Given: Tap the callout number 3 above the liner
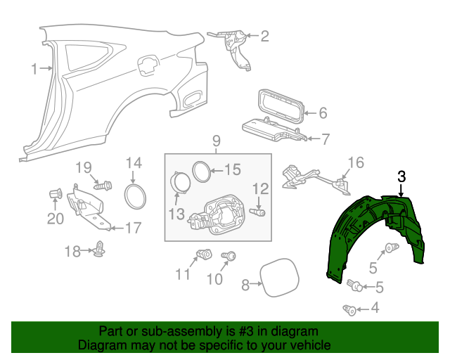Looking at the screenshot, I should pyautogui.click(x=401, y=176).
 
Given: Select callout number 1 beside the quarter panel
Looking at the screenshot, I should pyautogui.click(x=34, y=68).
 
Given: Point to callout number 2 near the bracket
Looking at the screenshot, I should pyautogui.click(x=264, y=36).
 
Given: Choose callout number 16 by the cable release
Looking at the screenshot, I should pyautogui.click(x=356, y=163).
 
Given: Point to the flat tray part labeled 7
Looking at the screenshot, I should pyautogui.click(x=271, y=130).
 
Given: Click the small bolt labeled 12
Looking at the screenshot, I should pyautogui.click(x=259, y=210).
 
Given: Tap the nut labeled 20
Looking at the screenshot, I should pyautogui.click(x=56, y=194).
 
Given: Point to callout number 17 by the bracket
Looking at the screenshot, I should pyautogui.click(x=132, y=228).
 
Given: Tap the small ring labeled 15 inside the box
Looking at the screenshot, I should pyautogui.click(x=201, y=170).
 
